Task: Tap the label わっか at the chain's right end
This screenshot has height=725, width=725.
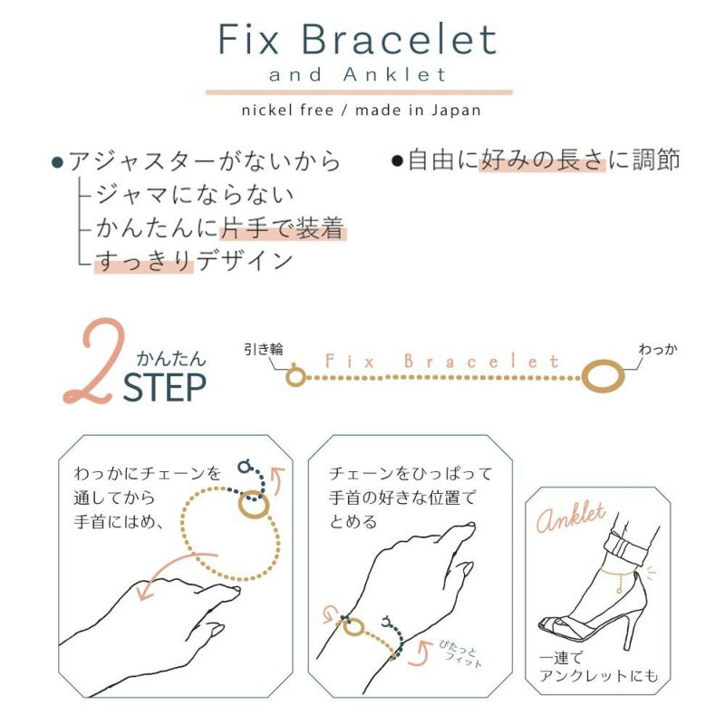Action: coord(657,350)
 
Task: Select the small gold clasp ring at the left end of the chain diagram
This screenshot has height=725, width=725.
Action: coord(295,374)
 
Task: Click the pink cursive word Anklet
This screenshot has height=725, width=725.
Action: coord(571,519)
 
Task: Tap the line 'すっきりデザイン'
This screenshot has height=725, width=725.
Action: coord(195,261)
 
